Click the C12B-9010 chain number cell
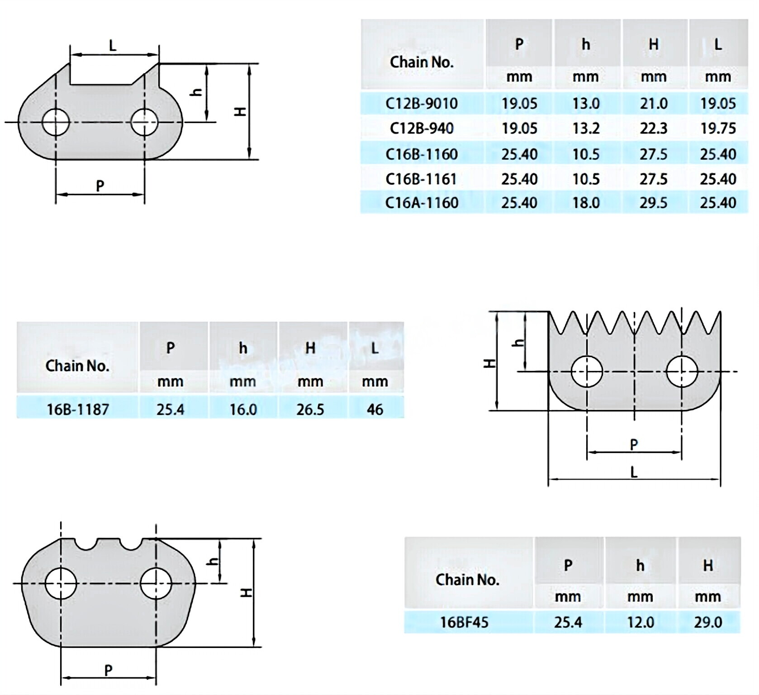[422, 104]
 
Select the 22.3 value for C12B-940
[654, 129]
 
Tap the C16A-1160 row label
[422, 202]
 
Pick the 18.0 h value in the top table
[586, 202]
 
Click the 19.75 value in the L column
[718, 129]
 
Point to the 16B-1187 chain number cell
[78, 409]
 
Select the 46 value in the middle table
[375, 409]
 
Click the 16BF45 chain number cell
[465, 622]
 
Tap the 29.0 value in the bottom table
[708, 622]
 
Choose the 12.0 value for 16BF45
[640, 622]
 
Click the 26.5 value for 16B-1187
[310, 409]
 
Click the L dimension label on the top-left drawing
[113, 45]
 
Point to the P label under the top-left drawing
[100, 186]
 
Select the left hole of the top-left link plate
[56, 122]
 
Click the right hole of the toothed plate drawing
[682, 372]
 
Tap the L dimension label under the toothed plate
[634, 472]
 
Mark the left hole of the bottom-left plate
[61, 583]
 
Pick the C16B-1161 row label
[421, 179]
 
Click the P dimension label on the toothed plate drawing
[634, 444]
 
